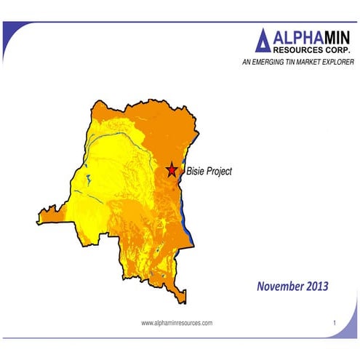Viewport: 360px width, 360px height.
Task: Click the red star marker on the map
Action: click(x=172, y=169)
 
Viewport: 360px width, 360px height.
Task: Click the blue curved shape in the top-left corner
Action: click(x=9, y=36)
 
